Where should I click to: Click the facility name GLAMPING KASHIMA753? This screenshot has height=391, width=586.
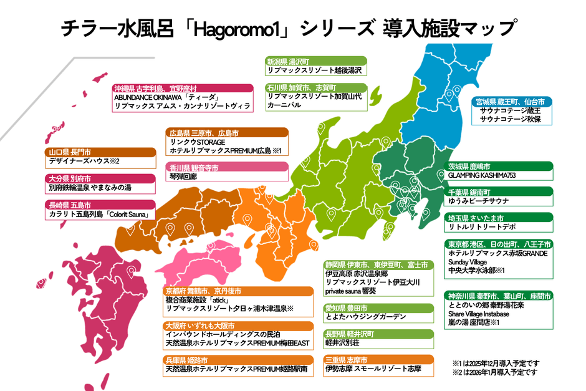(x=481, y=176)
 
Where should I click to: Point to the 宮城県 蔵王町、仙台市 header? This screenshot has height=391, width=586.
(x=511, y=101)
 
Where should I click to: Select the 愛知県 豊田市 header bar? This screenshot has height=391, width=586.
(x=378, y=308)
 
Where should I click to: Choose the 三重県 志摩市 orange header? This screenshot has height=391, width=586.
(x=378, y=360)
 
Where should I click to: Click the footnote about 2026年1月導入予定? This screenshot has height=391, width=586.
(x=495, y=372)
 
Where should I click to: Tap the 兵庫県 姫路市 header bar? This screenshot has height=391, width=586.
(x=237, y=360)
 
